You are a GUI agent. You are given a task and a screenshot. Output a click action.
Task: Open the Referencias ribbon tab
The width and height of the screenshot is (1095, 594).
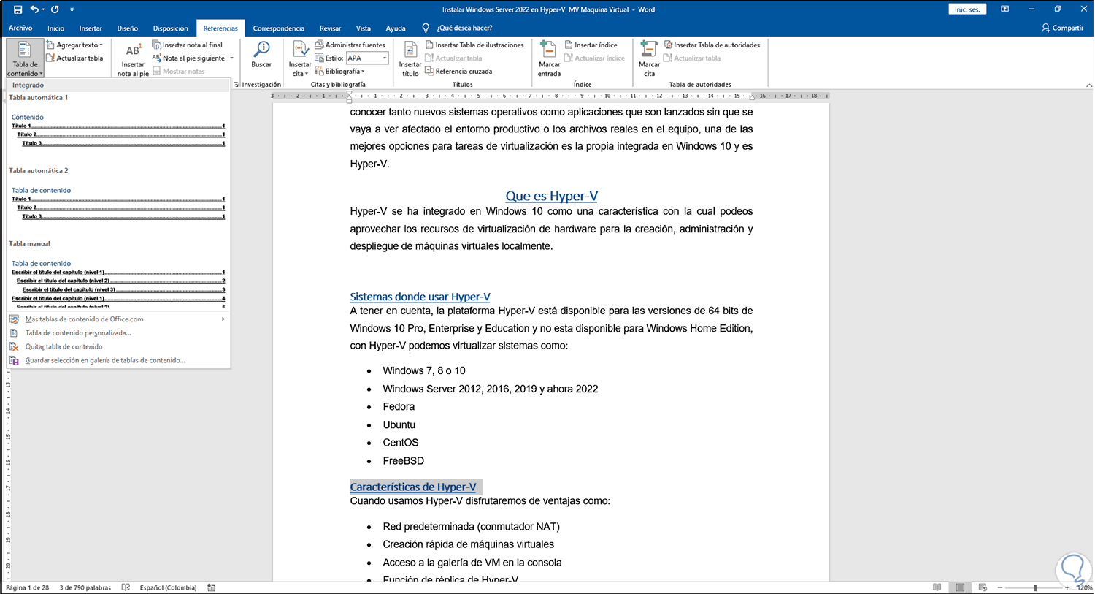[220, 28]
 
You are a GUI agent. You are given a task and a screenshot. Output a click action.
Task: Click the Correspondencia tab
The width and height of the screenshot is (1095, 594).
[278, 28]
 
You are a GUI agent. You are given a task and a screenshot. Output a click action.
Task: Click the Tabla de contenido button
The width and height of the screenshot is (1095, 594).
[25, 58]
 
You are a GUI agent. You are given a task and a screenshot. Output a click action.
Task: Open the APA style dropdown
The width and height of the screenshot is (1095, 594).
[367, 58]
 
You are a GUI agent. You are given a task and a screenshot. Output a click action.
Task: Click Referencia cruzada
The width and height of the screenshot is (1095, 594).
[464, 72]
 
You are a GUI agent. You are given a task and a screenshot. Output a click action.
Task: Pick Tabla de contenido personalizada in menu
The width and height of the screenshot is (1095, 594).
[78, 333]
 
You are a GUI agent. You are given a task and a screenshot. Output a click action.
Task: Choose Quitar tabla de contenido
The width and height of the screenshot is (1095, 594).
[64, 347]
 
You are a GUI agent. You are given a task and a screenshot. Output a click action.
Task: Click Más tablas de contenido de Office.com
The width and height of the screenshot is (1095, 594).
[84, 319]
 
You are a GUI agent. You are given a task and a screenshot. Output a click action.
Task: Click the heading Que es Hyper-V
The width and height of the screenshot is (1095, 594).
[551, 196]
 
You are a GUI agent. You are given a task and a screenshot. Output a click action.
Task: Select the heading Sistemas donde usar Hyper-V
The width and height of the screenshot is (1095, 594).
[420, 297]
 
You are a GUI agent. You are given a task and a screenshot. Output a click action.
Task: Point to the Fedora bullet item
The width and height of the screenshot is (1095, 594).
[399, 407]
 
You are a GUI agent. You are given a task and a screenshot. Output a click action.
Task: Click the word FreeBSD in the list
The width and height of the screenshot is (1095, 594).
[403, 461]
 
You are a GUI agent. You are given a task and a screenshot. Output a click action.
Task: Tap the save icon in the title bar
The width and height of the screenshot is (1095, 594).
[18, 9]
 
